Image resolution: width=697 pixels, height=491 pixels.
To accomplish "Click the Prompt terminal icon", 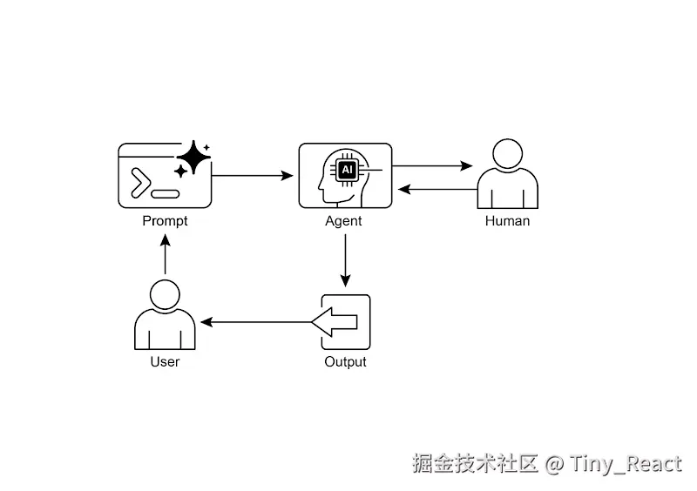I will [x=164, y=176].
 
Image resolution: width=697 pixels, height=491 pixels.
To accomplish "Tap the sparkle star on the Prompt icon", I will [x=193, y=158].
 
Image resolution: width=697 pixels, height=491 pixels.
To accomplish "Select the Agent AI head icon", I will [x=345, y=176].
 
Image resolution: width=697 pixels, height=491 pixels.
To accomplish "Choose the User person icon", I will [x=165, y=315].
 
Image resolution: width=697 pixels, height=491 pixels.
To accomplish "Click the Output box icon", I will [x=345, y=322].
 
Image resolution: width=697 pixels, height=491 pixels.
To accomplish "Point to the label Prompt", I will [x=165, y=221].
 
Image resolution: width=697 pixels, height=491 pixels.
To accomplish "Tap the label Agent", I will [x=343, y=221].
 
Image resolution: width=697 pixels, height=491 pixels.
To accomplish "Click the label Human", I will [x=507, y=221].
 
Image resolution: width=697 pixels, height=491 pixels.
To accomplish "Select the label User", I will [x=165, y=361].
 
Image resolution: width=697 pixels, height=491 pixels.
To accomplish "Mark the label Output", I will [x=345, y=361].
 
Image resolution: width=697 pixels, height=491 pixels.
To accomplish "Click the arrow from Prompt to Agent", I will [x=253, y=176].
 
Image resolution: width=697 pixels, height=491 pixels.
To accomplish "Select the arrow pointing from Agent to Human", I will [x=432, y=165].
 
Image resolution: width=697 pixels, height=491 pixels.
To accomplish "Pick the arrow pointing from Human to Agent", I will [x=437, y=189].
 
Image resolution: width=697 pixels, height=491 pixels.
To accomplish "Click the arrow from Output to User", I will [x=256, y=322].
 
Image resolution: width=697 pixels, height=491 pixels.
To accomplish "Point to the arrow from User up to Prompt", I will [x=165, y=256].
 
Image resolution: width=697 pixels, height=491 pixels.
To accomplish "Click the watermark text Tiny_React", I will [x=626, y=464].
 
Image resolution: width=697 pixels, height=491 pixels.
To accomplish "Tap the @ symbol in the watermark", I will [x=554, y=464].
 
